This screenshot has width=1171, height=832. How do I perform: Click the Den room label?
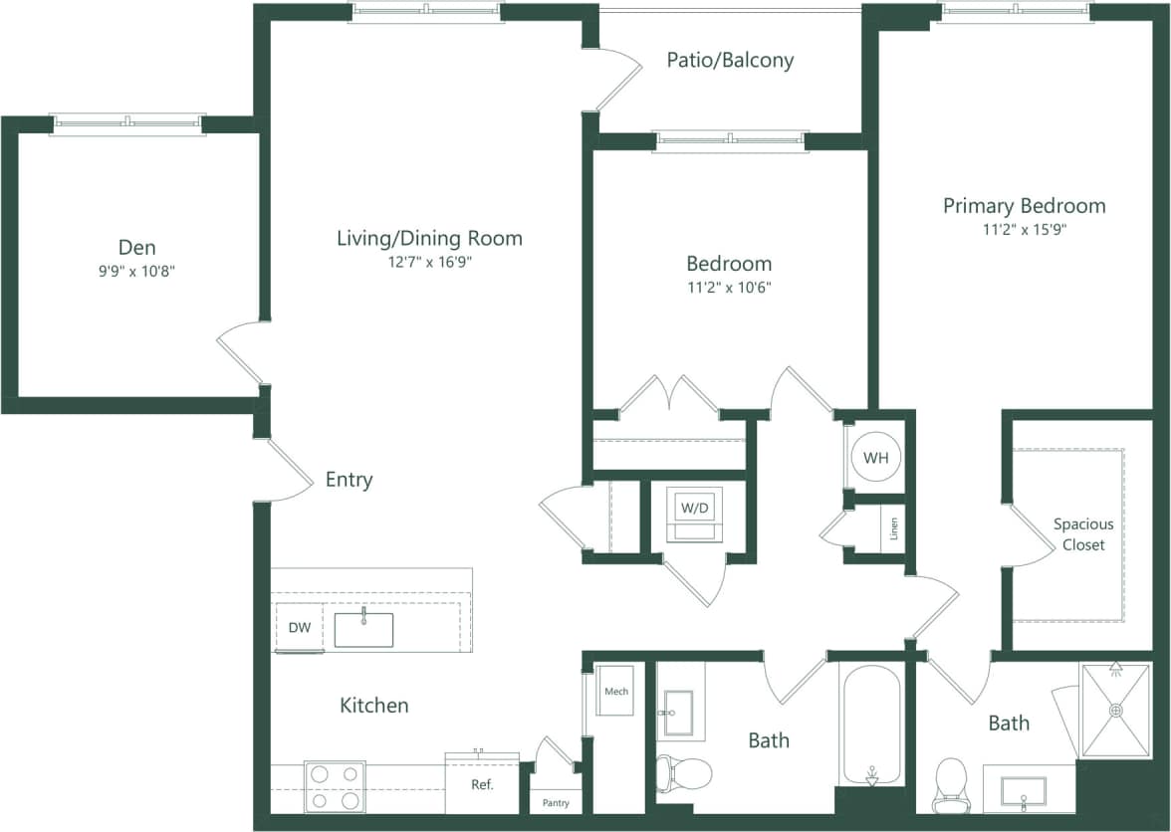[x=137, y=247]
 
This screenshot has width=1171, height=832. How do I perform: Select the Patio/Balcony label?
[x=730, y=60]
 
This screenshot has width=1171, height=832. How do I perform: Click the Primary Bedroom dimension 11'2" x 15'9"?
[x=1024, y=229]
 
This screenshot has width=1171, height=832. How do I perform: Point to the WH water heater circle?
[x=876, y=458]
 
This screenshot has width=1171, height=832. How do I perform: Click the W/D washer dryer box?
[x=695, y=509]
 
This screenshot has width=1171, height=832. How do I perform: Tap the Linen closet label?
[x=894, y=528]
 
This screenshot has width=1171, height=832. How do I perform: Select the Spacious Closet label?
[x=1083, y=534]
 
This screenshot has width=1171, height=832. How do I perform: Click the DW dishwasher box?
[x=300, y=628]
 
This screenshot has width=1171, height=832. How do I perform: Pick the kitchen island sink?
[x=363, y=630]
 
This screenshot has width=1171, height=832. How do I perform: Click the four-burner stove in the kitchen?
[x=334, y=786]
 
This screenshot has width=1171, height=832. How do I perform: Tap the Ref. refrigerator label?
[x=482, y=784]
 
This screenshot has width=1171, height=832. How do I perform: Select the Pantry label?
[x=556, y=802]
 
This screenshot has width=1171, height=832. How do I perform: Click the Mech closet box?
[x=616, y=691]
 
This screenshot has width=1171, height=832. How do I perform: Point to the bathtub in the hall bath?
[x=871, y=725]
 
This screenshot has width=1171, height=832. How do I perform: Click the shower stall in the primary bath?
[x=1115, y=711]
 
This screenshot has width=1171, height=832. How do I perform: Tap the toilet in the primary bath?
[x=951, y=784]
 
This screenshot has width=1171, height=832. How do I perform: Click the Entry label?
[x=349, y=480]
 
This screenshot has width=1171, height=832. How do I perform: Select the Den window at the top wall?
[x=127, y=123]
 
